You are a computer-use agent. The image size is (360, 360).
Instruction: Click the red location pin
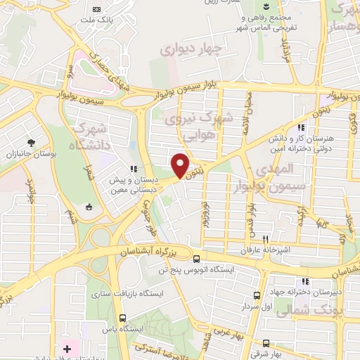pyautogui.click(x=180, y=165)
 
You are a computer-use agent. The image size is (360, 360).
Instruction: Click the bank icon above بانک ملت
pyautogui.click(x=97, y=9)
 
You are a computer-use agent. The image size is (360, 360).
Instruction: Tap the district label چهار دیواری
pyautogui.click(x=191, y=49)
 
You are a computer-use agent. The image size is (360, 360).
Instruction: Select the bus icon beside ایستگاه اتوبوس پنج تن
pyautogui.click(x=196, y=258)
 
